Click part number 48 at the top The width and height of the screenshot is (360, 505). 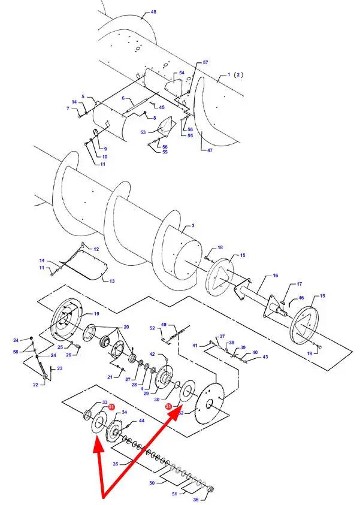point(153,12)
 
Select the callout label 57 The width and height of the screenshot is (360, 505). point(205,62)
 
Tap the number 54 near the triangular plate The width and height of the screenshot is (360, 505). point(181,72)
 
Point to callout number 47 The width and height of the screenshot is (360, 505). point(210,150)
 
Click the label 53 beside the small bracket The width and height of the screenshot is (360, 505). point(143,132)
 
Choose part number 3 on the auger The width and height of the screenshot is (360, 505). point(193,225)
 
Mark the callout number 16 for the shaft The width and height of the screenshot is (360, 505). point(276,276)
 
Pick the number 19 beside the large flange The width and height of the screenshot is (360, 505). point(96,314)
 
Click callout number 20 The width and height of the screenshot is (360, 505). point(126,327)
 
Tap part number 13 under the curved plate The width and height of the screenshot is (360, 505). point(112,281)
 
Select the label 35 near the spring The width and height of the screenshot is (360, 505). point(116,464)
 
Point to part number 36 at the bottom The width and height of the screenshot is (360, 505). point(196,500)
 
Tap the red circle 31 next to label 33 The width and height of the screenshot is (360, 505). point(111,407)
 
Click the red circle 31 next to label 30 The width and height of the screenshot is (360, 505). point(168,407)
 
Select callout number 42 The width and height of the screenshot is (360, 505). point(152,354)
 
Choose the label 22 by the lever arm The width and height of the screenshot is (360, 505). point(35,385)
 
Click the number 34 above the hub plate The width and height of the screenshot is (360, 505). point(124,412)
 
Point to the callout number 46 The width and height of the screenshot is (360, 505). point(301,298)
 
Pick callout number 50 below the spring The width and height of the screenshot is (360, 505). point(152,483)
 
